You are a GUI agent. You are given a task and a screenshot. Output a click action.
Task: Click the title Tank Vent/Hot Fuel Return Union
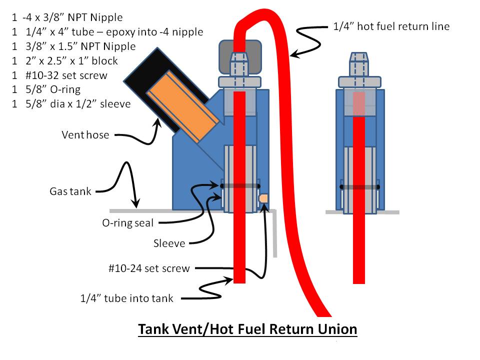[247, 330]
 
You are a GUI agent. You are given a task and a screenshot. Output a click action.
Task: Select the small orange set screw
[263, 198]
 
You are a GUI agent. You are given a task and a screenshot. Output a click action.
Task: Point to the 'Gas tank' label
[70, 191]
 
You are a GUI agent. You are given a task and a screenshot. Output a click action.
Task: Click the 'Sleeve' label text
[169, 243]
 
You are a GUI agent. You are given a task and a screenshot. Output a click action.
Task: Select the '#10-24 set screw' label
[149, 268]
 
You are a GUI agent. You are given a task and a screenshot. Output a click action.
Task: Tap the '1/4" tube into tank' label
[127, 298]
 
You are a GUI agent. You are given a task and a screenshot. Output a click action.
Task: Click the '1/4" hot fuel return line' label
[391, 26]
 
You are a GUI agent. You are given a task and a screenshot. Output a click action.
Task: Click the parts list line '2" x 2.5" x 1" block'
[64, 61]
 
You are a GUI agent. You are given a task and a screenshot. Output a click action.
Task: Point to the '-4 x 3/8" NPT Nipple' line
[67, 17]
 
